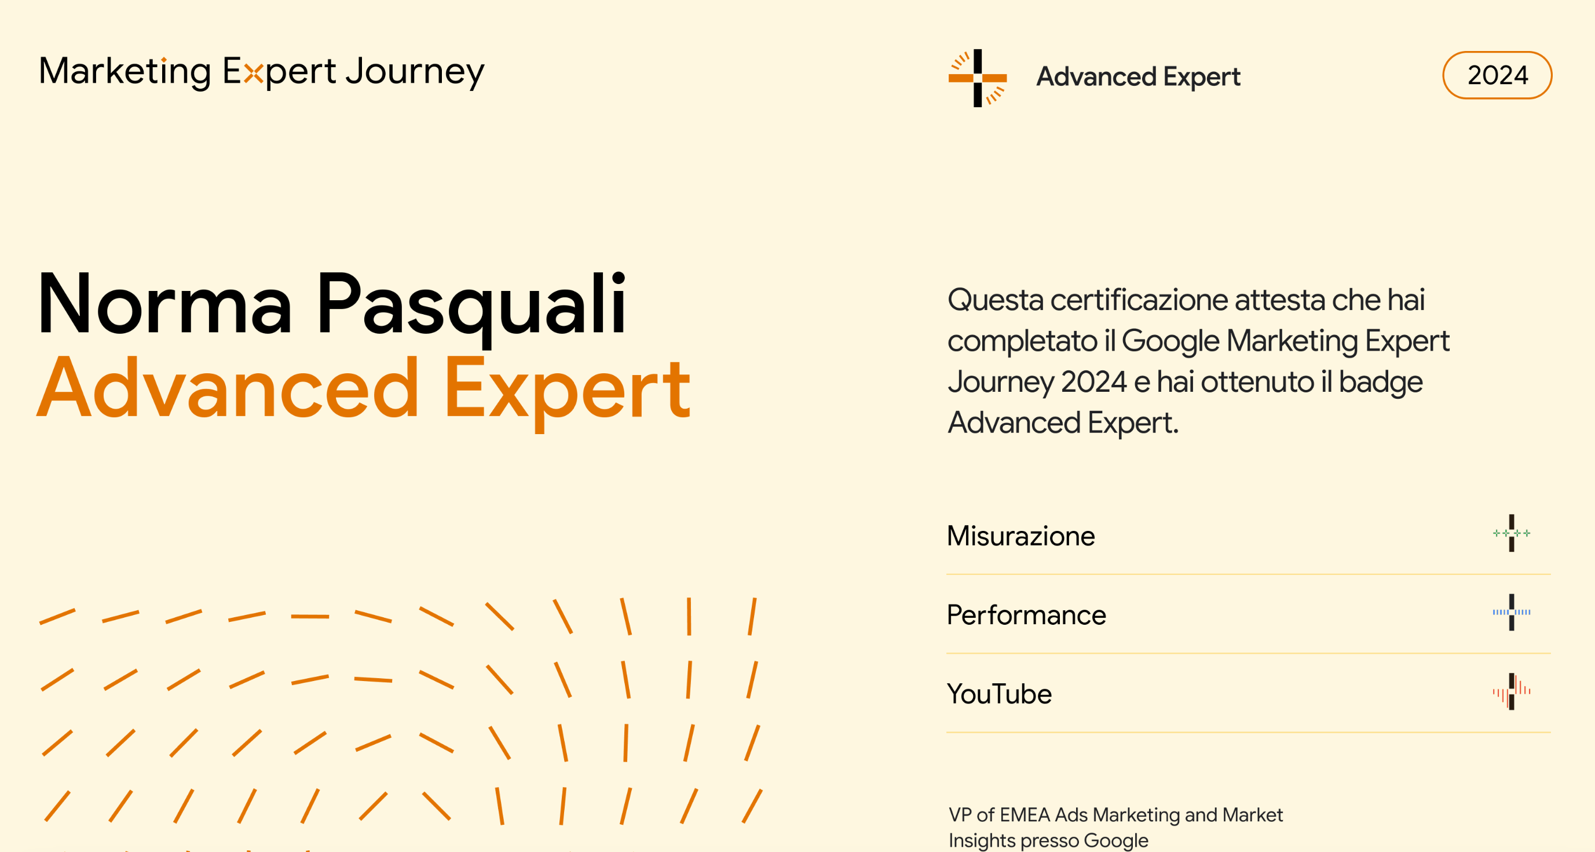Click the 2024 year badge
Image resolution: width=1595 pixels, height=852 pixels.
pos(1497,75)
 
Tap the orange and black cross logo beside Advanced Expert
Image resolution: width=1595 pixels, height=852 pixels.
pos(978,78)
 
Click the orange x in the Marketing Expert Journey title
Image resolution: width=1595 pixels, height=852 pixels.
pos(253,74)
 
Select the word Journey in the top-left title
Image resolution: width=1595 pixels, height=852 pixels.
pos(415,72)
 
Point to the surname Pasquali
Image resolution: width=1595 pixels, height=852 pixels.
pos(472,308)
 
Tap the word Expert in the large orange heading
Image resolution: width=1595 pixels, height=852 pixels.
pos(567,393)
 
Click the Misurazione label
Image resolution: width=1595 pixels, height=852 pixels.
pos(1021,536)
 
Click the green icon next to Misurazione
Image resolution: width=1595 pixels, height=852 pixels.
pos(1512,533)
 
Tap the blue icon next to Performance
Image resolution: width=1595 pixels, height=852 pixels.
pos(1512,612)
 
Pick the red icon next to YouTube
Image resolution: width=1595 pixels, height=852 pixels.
pos(1512,691)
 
